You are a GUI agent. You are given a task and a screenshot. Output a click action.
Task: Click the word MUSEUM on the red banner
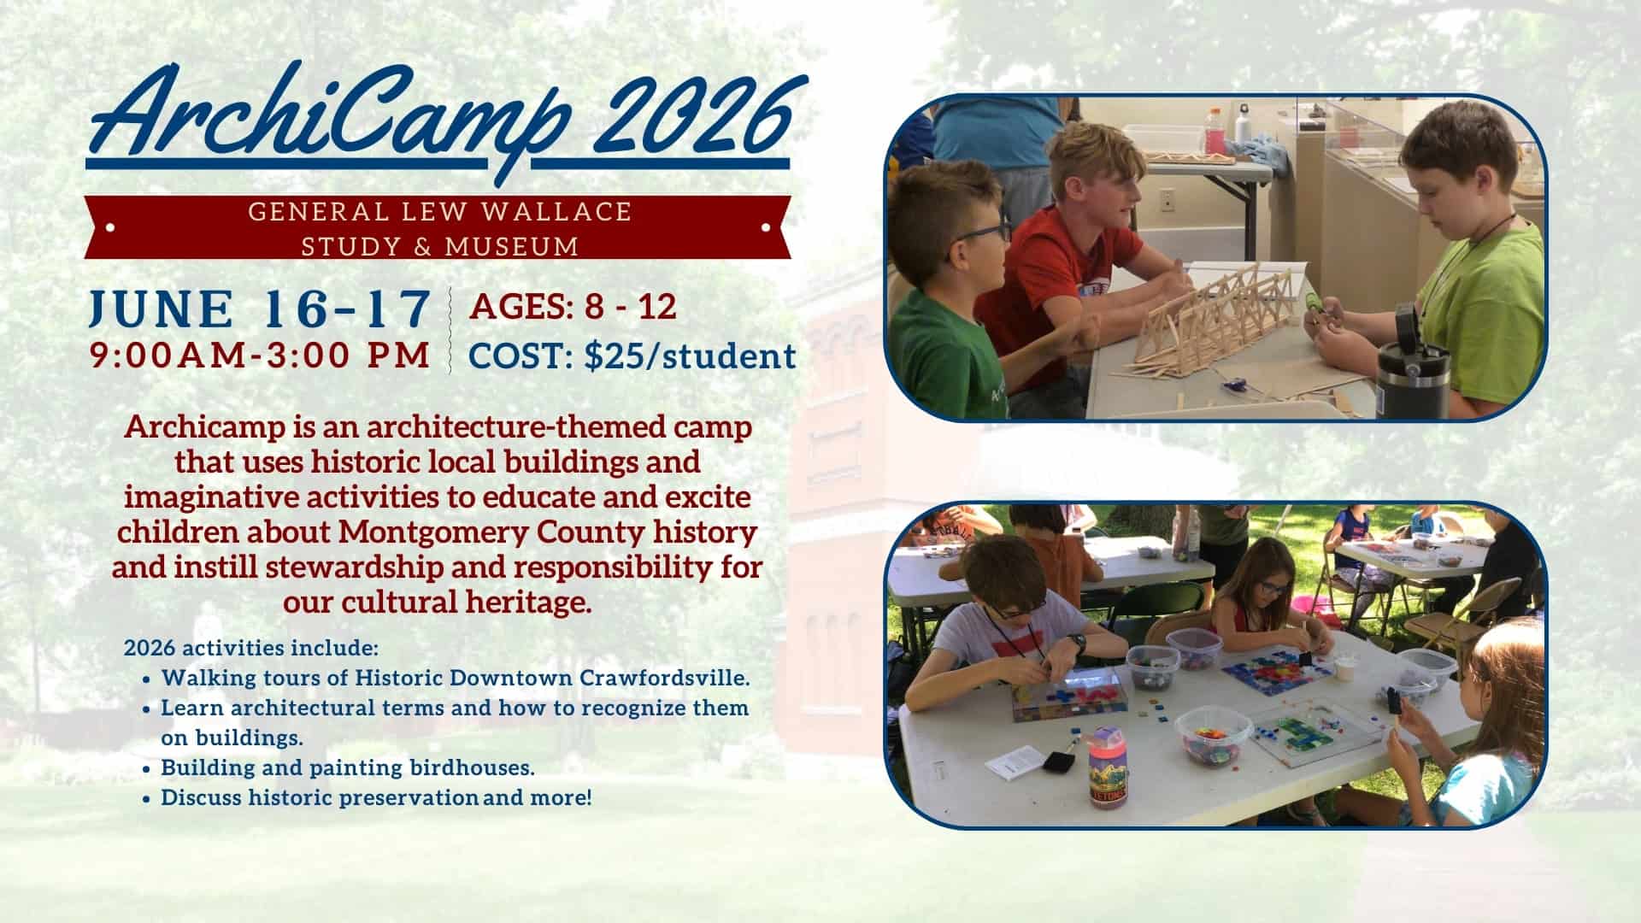pos(512,247)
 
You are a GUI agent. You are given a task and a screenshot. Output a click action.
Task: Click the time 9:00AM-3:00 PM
pos(260,356)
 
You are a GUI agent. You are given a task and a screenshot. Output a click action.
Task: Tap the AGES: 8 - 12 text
pos(573,307)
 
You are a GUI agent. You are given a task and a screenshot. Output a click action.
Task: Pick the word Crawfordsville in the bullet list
pos(665,679)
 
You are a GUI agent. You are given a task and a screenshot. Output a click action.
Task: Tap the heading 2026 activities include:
pos(251,647)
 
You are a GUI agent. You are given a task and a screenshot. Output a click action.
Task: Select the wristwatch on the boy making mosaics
pos(1080,641)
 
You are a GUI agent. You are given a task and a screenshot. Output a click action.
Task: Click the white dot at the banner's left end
pos(109,227)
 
